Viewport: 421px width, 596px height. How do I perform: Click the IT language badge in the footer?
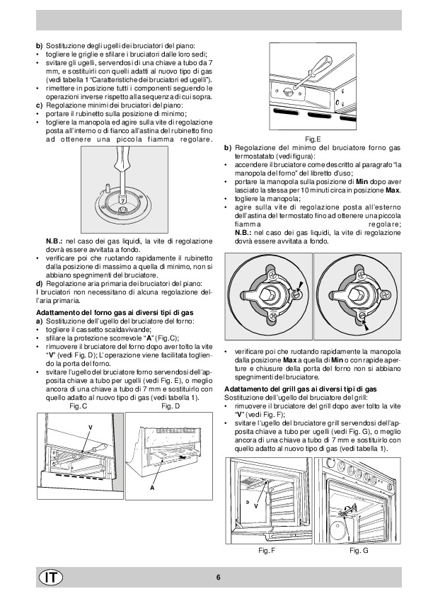coord(50,578)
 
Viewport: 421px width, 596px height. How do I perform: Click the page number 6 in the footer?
coord(218,578)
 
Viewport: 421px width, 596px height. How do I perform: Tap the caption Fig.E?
coord(313,139)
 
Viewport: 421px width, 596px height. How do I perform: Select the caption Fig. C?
coord(79,406)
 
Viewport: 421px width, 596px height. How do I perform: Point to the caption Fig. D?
coord(171,406)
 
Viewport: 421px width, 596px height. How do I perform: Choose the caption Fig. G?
coord(359,551)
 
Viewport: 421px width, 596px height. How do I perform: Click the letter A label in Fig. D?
coord(152,488)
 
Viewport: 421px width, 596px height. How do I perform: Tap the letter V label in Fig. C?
coord(91,428)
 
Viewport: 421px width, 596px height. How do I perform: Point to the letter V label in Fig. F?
coord(255,506)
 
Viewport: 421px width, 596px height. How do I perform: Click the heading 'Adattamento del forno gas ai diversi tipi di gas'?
coord(115,313)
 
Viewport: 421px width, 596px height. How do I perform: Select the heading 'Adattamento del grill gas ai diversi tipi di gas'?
coord(301,389)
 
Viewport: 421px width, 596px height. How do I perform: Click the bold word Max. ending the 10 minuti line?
coord(393,190)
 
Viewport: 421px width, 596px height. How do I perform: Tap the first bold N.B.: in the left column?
coord(54,241)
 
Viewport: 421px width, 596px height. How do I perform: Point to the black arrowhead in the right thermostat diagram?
coord(366,324)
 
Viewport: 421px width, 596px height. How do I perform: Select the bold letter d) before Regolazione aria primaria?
coord(39,284)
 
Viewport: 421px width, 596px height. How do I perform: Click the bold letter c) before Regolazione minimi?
coord(39,105)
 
